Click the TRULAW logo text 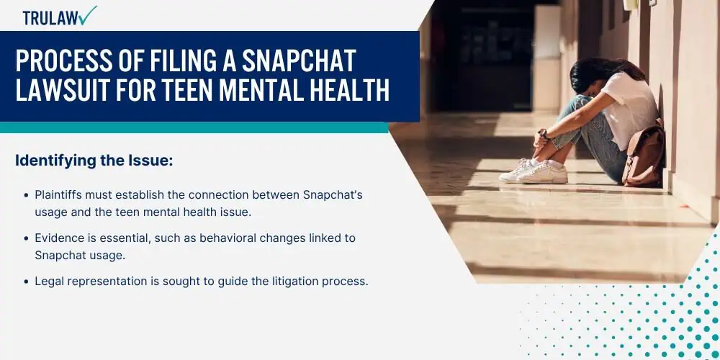click(50, 18)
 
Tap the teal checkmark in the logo click(87, 14)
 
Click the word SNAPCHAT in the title click(299, 60)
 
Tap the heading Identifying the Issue click(94, 161)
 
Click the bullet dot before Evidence click(27, 239)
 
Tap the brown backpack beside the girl click(644, 154)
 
